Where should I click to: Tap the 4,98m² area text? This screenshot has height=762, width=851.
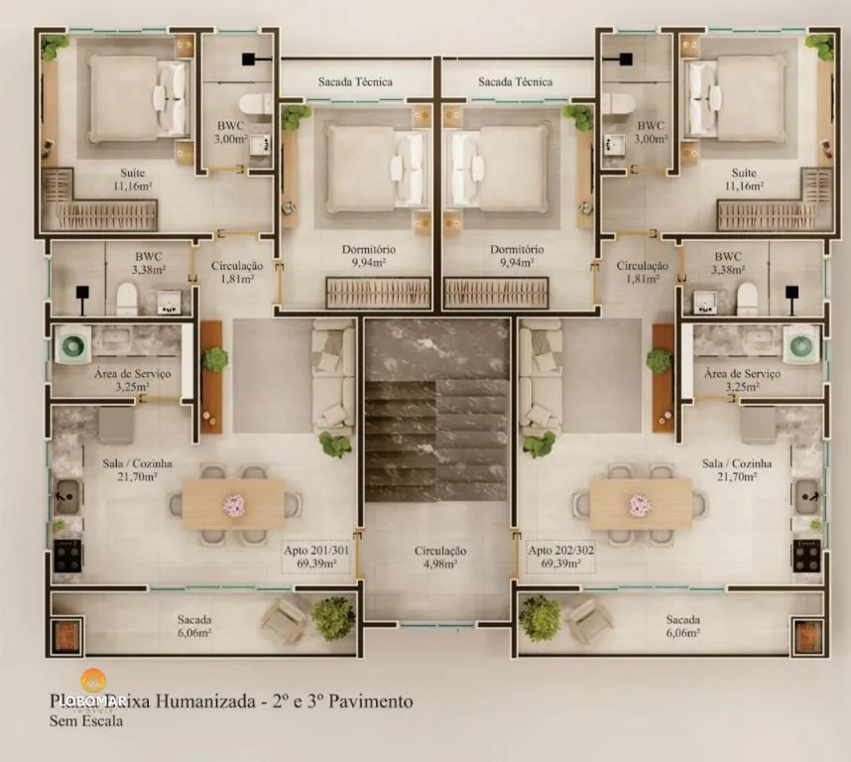pyautogui.click(x=436, y=564)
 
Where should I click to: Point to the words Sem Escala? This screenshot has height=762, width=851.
pyautogui.click(x=87, y=721)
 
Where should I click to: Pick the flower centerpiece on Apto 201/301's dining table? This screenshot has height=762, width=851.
pyautogui.click(x=234, y=505)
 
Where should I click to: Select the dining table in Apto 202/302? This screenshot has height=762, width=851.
pyautogui.click(x=641, y=505)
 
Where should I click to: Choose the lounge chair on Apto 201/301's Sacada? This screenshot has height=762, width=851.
pyautogui.click(x=283, y=622)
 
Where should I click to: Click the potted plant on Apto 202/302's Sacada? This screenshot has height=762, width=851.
pyautogui.click(x=540, y=617)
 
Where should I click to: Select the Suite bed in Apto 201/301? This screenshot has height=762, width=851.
pyautogui.click(x=138, y=97)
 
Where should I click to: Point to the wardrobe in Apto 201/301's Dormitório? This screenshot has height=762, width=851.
pyautogui.click(x=378, y=293)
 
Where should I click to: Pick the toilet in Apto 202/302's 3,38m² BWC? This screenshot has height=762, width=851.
pyautogui.click(x=746, y=298)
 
